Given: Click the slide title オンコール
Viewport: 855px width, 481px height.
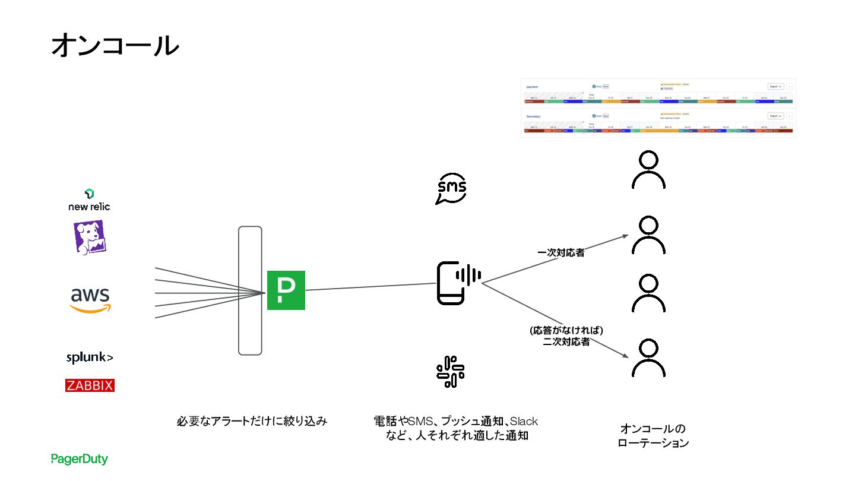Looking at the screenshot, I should tap(115, 46).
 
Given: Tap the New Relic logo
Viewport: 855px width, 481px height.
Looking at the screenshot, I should tap(90, 201).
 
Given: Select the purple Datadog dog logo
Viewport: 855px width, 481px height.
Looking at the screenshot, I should tap(90, 237).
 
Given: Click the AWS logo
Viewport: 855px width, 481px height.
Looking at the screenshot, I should tap(90, 300).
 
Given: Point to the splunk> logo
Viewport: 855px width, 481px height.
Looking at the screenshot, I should tap(90, 357).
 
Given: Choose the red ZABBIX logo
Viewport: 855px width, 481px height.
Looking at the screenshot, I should tap(90, 385).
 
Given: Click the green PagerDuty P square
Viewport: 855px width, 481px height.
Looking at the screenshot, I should tap(286, 290).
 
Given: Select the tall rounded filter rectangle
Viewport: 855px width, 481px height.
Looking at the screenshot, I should tap(250, 290).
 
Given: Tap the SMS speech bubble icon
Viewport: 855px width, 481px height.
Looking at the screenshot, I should tap(451, 189).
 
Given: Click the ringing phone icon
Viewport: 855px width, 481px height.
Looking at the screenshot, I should tap(458, 283).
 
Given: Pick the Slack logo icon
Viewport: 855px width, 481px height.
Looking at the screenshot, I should tap(451, 372).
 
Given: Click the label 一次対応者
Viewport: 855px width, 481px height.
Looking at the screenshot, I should tap(560, 253).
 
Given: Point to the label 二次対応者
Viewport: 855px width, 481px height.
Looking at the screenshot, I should tap(566, 342).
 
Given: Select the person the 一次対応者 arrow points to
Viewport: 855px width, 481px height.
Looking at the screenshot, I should tap(648, 235).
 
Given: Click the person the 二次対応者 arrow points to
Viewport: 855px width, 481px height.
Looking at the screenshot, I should tap(648, 357).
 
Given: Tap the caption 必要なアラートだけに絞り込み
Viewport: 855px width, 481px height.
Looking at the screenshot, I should tap(252, 422).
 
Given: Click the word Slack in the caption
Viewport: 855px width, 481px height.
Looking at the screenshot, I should tap(524, 422).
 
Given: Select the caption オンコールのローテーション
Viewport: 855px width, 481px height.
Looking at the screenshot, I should tap(653, 436).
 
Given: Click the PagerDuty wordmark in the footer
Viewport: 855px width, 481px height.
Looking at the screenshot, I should tap(80, 459).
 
